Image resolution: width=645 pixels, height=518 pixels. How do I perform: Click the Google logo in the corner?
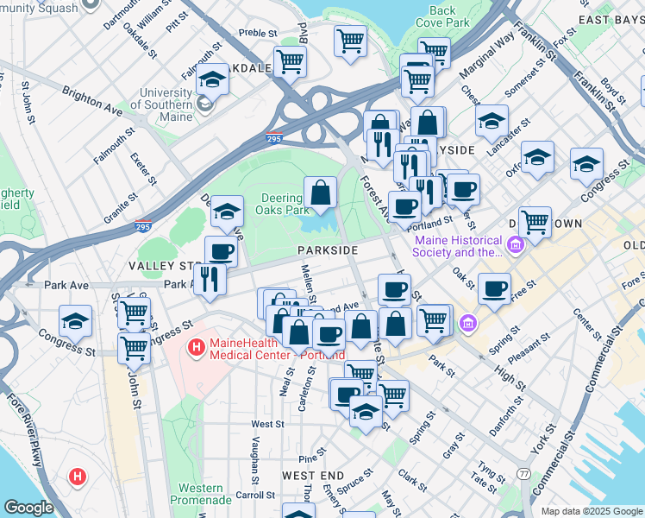pos(28,508)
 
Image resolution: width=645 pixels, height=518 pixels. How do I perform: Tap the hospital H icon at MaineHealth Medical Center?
pos(196,348)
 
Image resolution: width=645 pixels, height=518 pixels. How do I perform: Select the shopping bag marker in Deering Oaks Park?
pos(320,193)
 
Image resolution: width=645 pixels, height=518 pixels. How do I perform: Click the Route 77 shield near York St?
pos(523,473)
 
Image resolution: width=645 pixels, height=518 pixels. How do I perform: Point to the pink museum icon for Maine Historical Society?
pos(515,246)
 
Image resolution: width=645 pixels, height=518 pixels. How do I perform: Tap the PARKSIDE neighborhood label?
pos(327,250)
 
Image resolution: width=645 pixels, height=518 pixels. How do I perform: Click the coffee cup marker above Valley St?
pos(221,251)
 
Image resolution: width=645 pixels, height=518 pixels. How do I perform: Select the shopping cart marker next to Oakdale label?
pos(290,60)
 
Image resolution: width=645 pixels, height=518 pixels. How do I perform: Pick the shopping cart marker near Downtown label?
pos(535,221)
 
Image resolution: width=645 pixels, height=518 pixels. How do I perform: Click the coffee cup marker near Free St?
pos(494,288)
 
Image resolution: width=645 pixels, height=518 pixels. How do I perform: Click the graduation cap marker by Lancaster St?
pos(492,120)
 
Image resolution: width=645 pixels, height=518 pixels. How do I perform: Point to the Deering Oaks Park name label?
pos(284,204)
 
